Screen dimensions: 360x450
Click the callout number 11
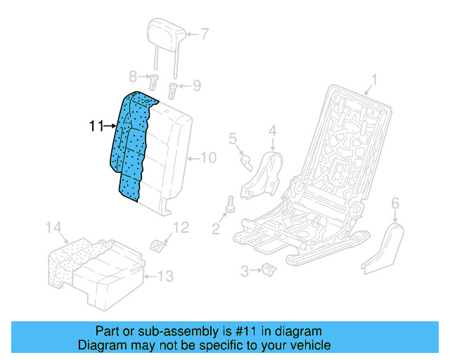coord(96,127)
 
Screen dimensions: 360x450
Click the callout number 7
coord(205,33)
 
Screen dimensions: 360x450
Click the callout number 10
coord(210,157)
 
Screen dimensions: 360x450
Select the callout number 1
coord(375,79)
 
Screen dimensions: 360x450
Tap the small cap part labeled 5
coord(246,162)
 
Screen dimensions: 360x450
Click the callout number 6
coord(394,203)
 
